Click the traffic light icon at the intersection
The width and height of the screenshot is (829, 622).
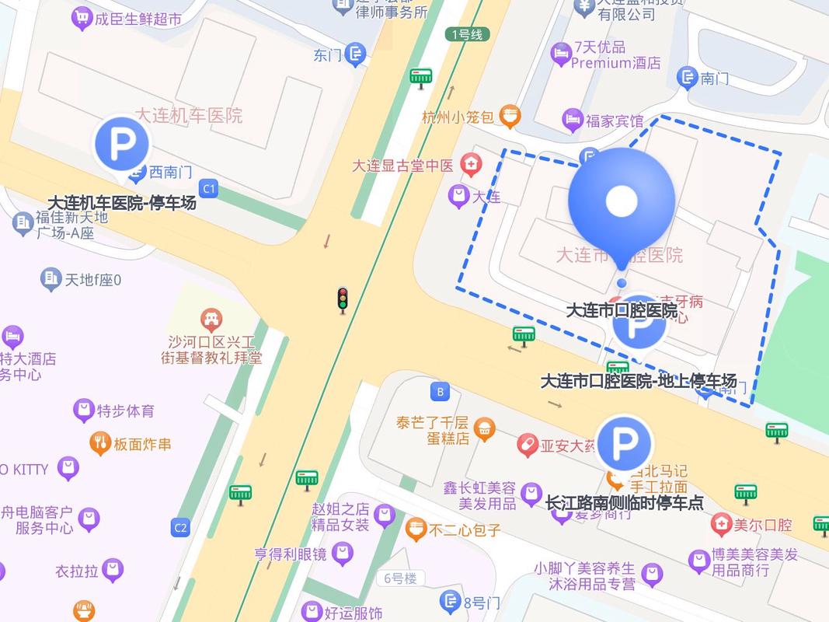tap(342, 299)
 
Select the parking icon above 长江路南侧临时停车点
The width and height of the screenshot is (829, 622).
tap(623, 445)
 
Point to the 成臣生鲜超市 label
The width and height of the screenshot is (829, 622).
tap(138, 18)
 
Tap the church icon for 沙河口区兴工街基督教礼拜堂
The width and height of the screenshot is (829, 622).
tap(211, 318)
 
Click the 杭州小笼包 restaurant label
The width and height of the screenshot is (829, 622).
tap(458, 117)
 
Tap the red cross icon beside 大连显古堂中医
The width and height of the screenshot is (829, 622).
tap(470, 165)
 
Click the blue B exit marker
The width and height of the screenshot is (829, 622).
tap(440, 391)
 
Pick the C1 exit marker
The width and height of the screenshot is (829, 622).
tap(208, 188)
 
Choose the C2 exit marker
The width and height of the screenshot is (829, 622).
tap(180, 529)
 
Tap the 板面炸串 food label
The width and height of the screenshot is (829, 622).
tap(142, 445)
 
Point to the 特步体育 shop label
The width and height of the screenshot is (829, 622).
tap(125, 411)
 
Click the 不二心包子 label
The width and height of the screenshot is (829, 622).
tap(465, 531)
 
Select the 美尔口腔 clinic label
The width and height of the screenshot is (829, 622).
tap(762, 525)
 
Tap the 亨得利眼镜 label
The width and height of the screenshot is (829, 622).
tap(292, 554)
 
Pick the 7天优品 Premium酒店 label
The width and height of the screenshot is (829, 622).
tap(616, 55)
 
